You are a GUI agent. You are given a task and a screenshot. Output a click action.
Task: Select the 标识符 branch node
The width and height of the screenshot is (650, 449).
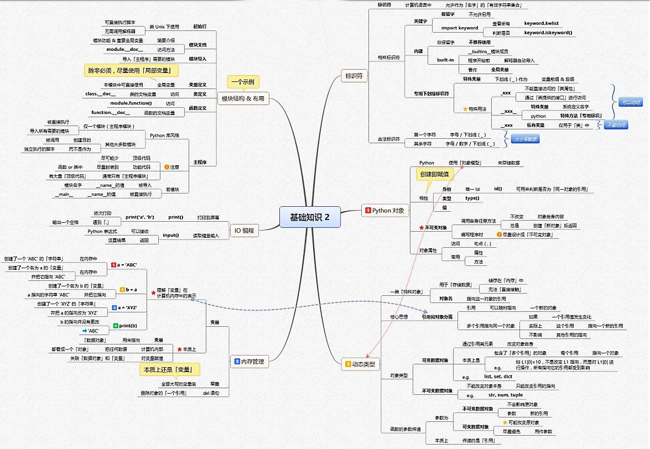[353, 76]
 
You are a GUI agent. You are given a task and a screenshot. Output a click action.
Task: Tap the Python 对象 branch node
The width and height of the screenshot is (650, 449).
[385, 210]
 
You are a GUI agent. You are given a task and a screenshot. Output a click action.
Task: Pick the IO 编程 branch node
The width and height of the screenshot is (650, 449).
[245, 231]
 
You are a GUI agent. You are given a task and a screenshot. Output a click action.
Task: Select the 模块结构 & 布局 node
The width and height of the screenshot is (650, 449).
[243, 99]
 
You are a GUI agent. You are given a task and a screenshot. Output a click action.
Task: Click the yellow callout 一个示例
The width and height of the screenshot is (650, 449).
[243, 82]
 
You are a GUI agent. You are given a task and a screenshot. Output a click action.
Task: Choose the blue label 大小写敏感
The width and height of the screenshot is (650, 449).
[524, 139]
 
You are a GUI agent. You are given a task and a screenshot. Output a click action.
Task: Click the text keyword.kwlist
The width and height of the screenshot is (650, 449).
[542, 24]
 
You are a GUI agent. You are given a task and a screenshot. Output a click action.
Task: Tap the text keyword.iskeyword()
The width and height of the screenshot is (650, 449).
[548, 33]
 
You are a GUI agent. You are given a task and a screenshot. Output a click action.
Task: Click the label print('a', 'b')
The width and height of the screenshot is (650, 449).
[140, 217]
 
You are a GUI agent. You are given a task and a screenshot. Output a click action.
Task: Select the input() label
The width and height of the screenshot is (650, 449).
[170, 235]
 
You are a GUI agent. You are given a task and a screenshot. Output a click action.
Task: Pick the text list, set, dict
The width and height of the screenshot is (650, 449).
[498, 377]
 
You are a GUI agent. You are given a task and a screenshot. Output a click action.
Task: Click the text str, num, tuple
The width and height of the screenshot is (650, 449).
[506, 395]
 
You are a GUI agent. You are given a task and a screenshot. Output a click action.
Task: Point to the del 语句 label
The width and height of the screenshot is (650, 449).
[211, 393]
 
